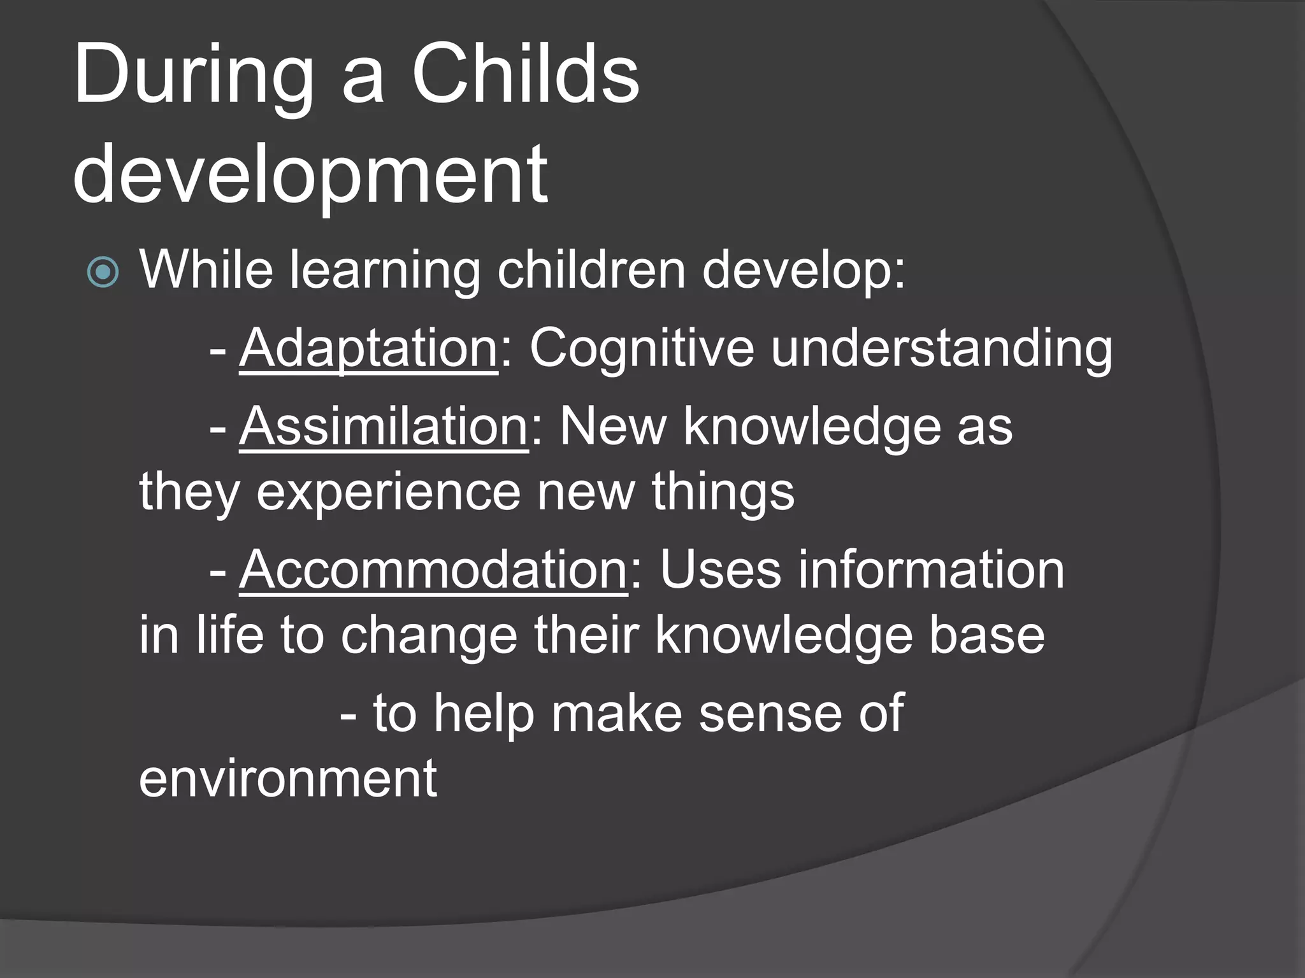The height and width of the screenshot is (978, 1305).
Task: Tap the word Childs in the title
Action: [525, 75]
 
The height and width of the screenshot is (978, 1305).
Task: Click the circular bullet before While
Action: [103, 273]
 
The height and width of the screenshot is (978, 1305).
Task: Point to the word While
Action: [206, 270]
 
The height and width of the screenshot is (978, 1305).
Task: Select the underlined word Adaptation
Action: [368, 348]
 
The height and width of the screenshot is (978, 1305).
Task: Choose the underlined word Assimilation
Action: [384, 427]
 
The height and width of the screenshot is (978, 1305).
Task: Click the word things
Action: [723, 493]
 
